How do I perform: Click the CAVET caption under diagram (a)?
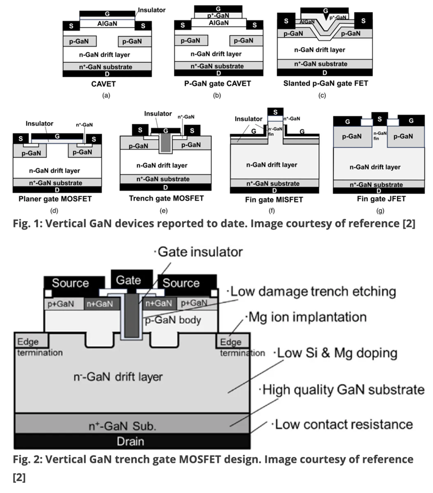point(103,84)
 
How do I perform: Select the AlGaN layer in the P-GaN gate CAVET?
point(219,23)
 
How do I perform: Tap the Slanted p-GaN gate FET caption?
point(326,83)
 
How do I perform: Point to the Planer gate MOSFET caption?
point(55,199)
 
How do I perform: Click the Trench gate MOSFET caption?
point(166,199)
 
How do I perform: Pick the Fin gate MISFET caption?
point(274,200)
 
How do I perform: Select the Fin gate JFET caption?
point(381,199)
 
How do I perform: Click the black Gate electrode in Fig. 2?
point(132,279)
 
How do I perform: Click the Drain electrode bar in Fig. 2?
point(132,441)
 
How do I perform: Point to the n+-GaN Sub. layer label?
point(122,426)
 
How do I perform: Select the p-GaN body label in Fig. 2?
point(173,320)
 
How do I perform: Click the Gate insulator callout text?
point(199,252)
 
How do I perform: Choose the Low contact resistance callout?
point(342,424)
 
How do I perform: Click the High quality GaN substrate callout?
point(342,390)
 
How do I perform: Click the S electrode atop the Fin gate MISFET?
point(275,112)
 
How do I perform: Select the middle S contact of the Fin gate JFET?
point(379,119)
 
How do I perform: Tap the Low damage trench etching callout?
point(311,291)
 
